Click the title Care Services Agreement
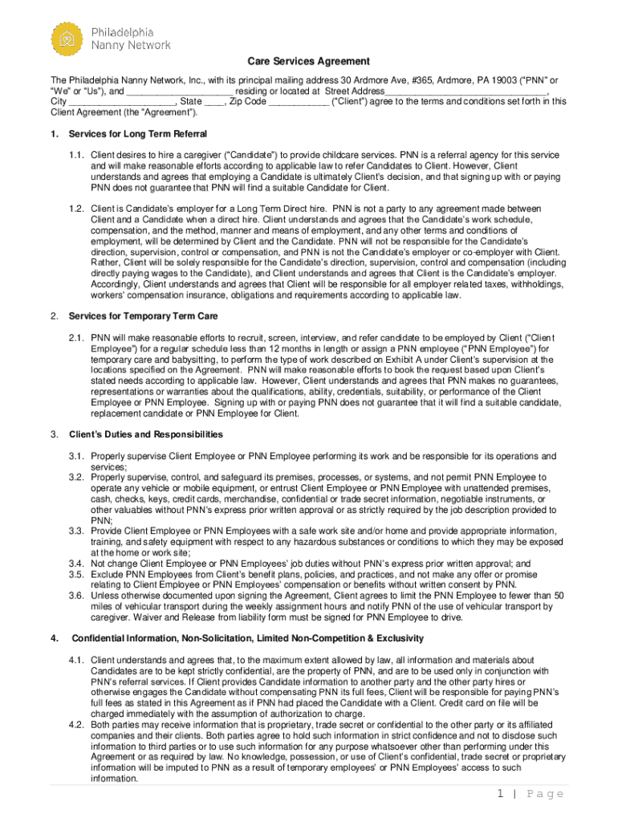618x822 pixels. pos(308,61)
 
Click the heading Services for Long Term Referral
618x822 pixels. pos(138,133)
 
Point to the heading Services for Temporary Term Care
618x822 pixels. pos(143,316)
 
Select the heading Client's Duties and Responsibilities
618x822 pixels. pos(146,434)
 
